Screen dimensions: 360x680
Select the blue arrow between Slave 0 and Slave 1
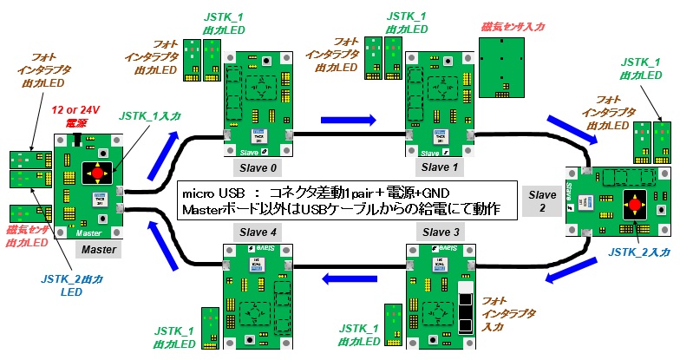point(349,120)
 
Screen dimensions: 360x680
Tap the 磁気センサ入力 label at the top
point(513,27)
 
